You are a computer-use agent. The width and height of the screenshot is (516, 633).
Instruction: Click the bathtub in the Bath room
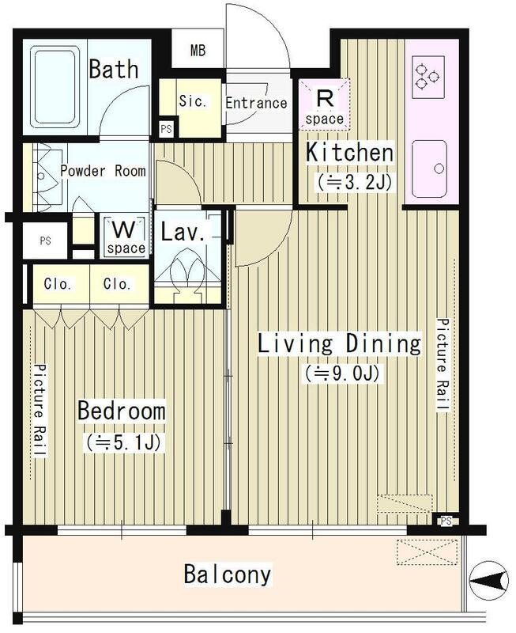pyautogui.click(x=55, y=86)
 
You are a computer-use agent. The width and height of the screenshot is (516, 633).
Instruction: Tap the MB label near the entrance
pyautogui.click(x=198, y=51)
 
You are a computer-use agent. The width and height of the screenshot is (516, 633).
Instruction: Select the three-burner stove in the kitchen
pyautogui.click(x=427, y=78)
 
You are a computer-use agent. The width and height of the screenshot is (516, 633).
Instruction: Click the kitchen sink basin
pyautogui.click(x=430, y=169)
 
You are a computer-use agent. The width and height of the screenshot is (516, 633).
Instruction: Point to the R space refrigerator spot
pyautogui.click(x=325, y=104)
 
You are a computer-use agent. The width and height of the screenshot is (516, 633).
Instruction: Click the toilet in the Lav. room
pyautogui.click(x=187, y=275)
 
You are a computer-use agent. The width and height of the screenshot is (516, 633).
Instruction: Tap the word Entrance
pyautogui.click(x=256, y=103)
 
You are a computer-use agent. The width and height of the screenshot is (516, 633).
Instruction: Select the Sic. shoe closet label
pyautogui.click(x=193, y=101)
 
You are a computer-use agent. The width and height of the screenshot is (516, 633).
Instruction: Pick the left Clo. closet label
pyautogui.click(x=58, y=284)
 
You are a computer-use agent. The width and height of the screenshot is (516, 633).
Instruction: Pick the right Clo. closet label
pyautogui.click(x=117, y=284)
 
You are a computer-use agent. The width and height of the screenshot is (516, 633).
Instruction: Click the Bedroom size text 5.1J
pyautogui.click(x=124, y=442)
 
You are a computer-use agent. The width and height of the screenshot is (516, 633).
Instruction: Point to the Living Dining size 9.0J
pyautogui.click(x=342, y=373)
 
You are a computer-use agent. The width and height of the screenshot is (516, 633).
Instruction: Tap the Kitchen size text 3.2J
pyautogui.click(x=354, y=183)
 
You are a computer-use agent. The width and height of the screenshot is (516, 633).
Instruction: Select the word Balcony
pyautogui.click(x=228, y=574)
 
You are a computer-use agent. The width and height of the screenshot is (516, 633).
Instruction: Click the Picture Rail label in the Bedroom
pyautogui.click(x=40, y=411)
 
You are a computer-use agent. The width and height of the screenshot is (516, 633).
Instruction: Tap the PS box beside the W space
pyautogui.click(x=46, y=241)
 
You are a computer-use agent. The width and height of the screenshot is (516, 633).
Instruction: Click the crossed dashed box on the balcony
pyautogui.click(x=427, y=552)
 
